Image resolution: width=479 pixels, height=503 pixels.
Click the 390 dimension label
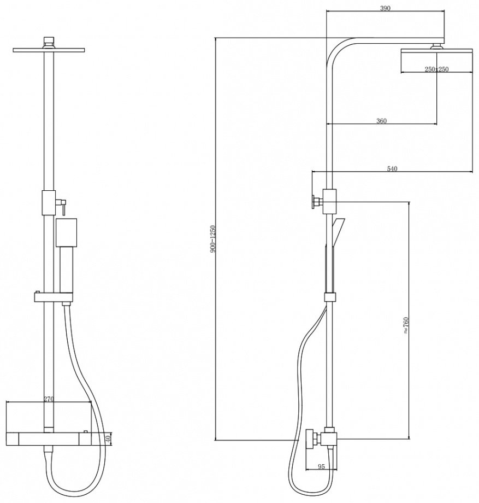point(385,8)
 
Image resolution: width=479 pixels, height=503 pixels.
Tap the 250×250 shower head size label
point(436,69)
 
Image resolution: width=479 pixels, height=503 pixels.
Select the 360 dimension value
point(381,121)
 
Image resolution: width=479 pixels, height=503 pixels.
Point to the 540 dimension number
point(392,169)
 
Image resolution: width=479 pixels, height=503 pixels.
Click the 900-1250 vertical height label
point(214,239)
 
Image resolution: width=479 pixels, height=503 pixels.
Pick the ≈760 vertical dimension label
point(406,326)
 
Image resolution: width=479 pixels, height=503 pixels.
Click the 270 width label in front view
point(48,399)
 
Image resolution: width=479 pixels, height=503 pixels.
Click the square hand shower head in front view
point(66,232)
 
